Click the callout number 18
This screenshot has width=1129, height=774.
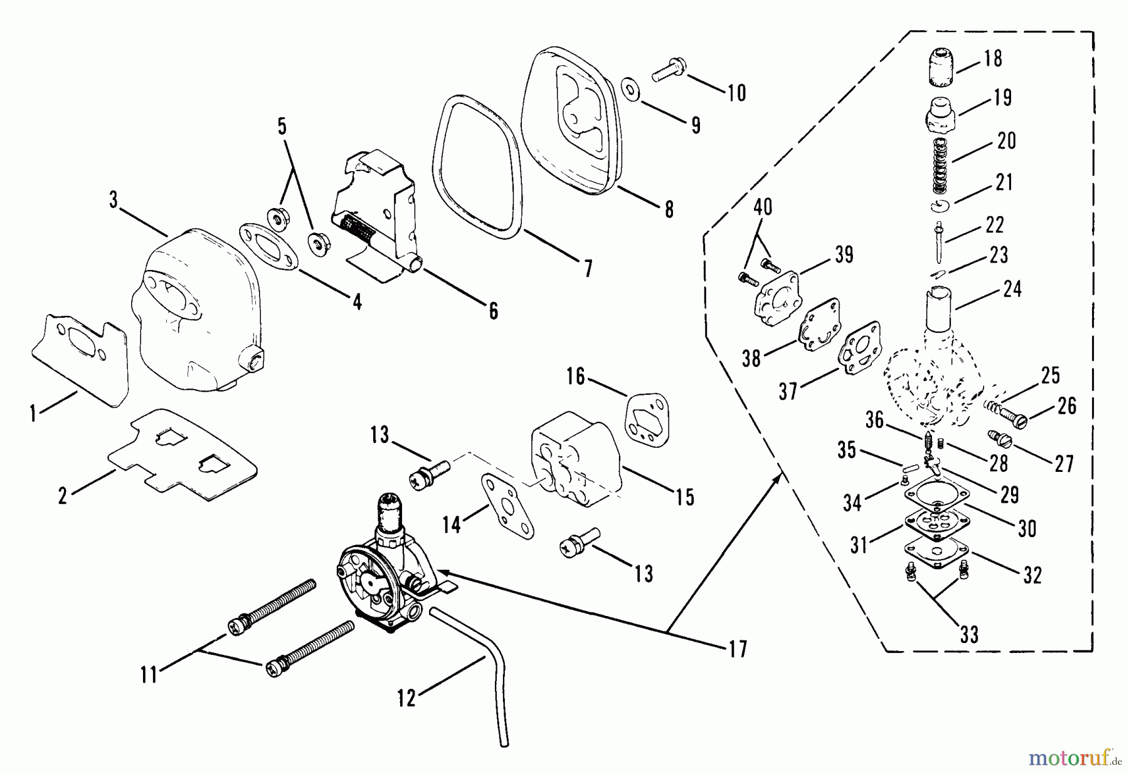click(x=993, y=58)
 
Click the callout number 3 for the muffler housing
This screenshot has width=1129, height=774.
click(x=113, y=201)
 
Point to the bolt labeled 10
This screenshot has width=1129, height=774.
click(x=670, y=70)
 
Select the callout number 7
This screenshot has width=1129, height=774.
click(x=587, y=269)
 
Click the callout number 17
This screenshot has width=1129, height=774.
click(x=738, y=649)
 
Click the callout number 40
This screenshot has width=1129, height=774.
click(x=763, y=207)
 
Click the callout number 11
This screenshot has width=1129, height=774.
click(x=149, y=676)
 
